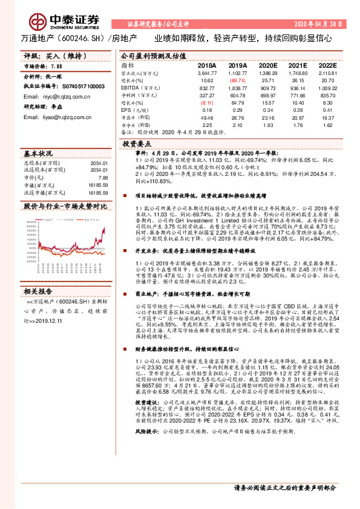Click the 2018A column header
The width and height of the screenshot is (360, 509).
[206, 64]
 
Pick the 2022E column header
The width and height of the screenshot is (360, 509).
[327, 64]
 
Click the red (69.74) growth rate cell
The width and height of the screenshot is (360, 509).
[237, 80]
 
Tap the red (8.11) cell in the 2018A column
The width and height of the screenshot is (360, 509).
[206, 103]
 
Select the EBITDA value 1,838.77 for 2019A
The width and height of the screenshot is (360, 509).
[237, 88]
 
